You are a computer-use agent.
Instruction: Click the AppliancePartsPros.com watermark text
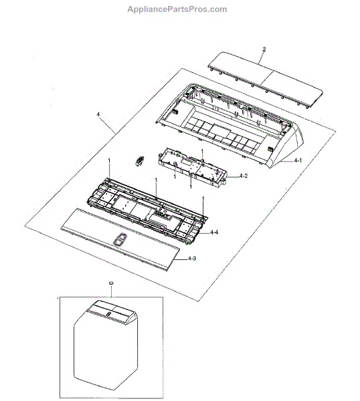(x=177, y=9)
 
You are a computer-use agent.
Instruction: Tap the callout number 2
(x=264, y=49)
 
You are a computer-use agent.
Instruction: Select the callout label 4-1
(x=298, y=160)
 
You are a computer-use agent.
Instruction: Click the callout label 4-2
(x=244, y=176)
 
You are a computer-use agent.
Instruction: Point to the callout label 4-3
(x=192, y=259)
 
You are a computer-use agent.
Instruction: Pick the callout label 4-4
(x=214, y=232)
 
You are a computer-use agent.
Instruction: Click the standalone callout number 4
(x=98, y=114)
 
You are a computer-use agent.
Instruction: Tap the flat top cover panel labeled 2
(x=265, y=80)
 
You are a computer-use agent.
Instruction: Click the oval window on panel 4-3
(x=119, y=240)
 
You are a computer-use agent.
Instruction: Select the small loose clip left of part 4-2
(x=139, y=161)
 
